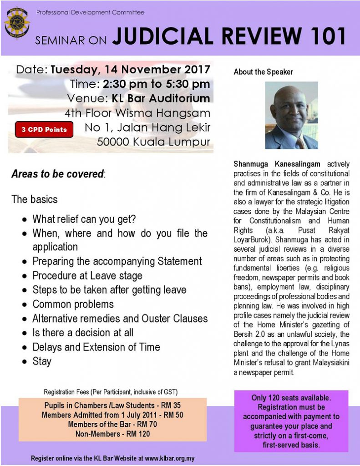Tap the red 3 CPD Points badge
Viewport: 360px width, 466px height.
tap(44, 129)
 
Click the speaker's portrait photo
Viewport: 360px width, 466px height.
tap(291, 116)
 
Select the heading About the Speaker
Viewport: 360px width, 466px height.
tap(264, 72)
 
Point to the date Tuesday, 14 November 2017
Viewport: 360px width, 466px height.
tap(130, 70)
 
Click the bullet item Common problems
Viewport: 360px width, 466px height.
tap(73, 304)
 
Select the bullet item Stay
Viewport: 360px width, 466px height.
tap(42, 361)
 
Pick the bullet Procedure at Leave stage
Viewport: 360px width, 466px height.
tap(87, 275)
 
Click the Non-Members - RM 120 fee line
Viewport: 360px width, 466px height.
tap(112, 434)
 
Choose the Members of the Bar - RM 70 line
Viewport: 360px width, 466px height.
tap(112, 425)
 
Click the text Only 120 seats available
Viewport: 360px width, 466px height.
tap(291, 398)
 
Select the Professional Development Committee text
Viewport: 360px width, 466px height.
tap(90, 12)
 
